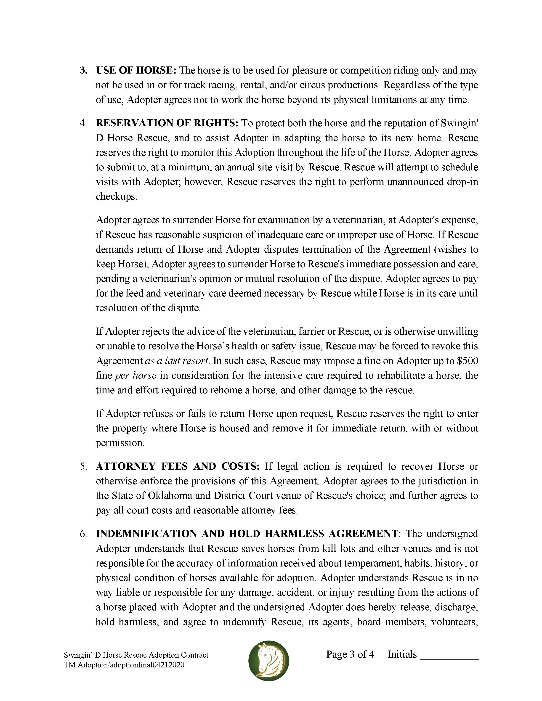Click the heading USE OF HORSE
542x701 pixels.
(x=136, y=70)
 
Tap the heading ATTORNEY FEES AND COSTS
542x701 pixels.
(x=178, y=466)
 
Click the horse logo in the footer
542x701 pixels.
(x=269, y=661)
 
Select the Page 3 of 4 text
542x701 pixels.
(x=350, y=654)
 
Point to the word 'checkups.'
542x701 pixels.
(x=116, y=196)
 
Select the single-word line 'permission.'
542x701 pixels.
(x=120, y=443)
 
